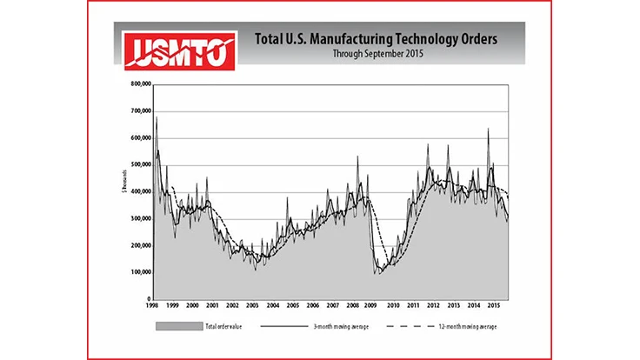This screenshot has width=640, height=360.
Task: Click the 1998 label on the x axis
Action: click(153, 306)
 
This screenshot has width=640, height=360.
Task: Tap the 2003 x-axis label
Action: click(252, 306)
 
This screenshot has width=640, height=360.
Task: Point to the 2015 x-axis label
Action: click(491, 306)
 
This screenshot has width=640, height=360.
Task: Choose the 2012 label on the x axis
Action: click(432, 306)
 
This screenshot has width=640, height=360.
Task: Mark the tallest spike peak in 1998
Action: click(157, 117)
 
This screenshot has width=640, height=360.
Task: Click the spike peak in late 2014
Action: click(488, 129)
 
